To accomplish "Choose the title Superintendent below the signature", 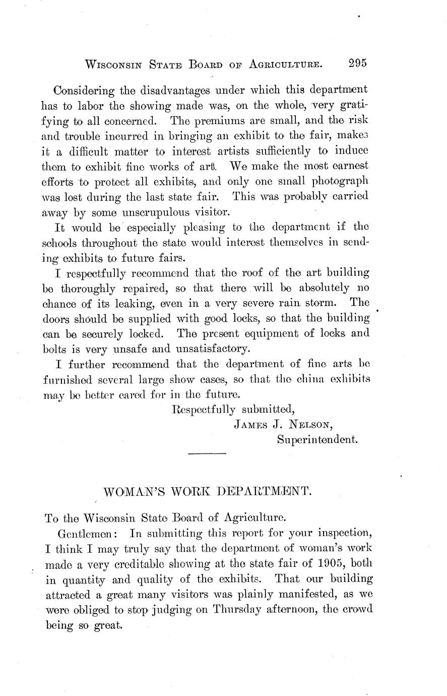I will pos(317,440).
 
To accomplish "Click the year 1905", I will pos(320,563).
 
